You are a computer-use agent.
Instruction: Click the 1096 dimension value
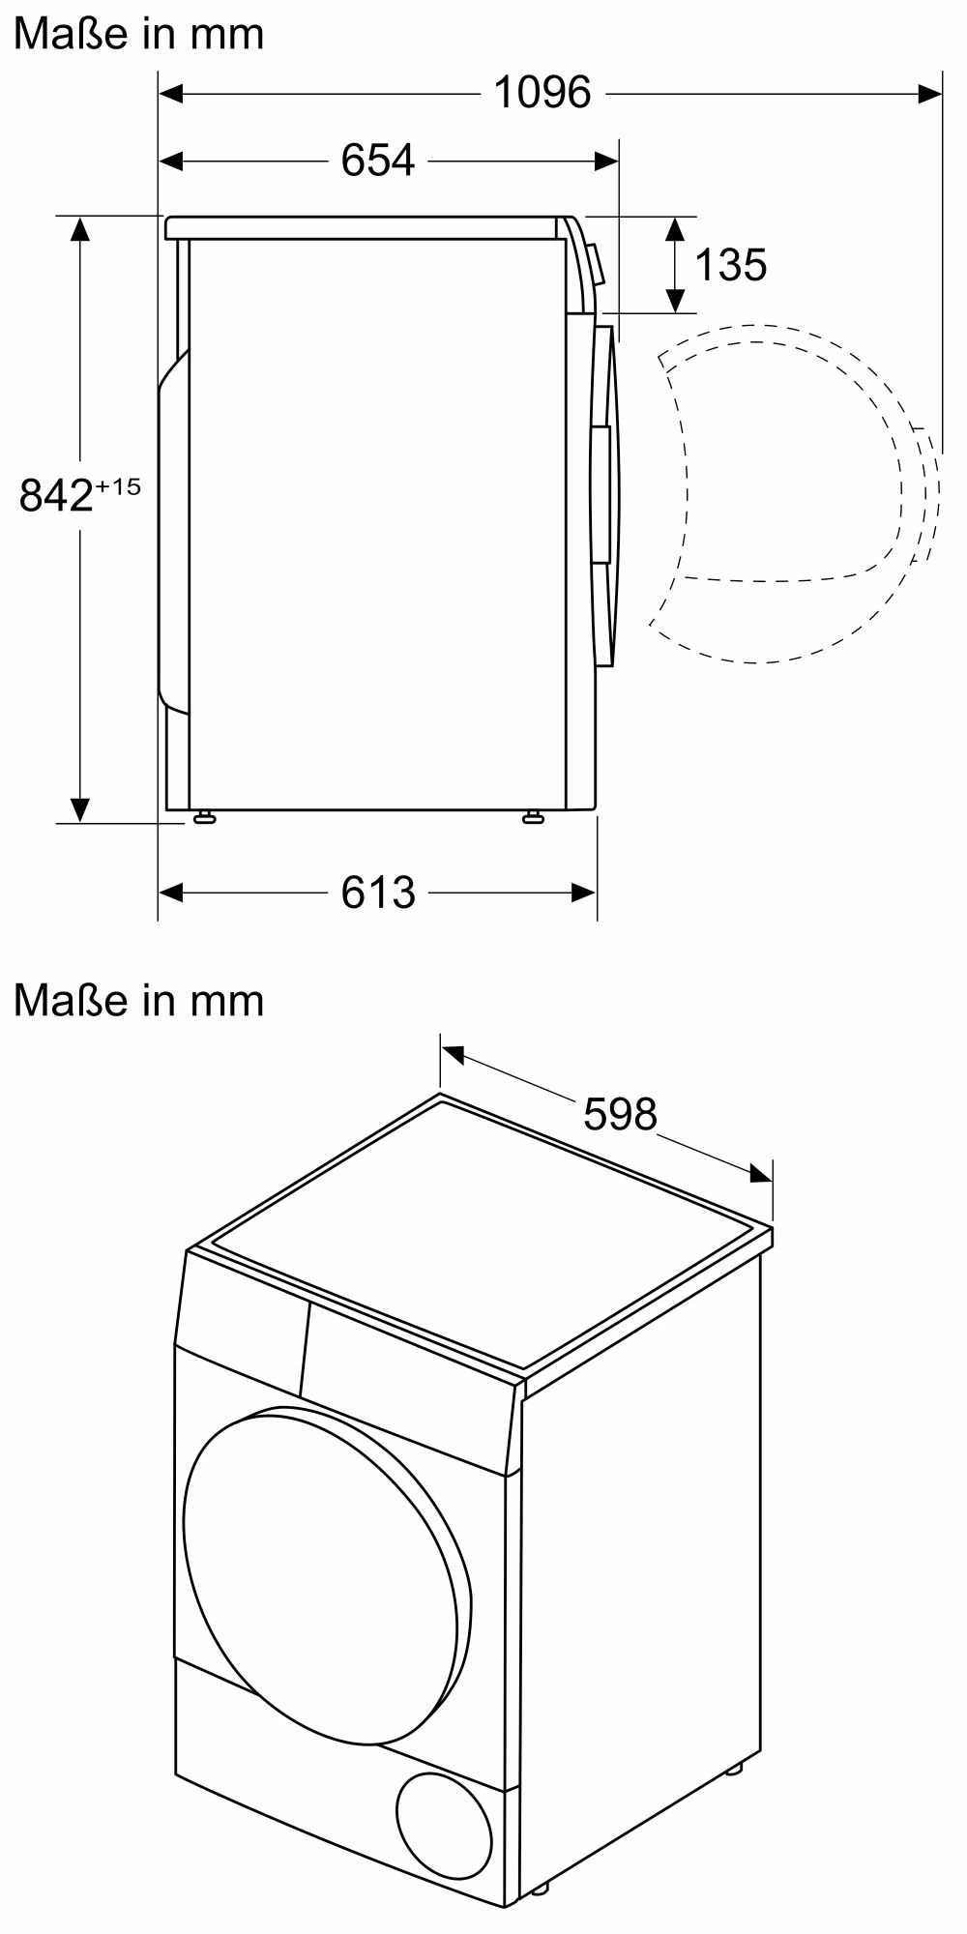click(542, 93)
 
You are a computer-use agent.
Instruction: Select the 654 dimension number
click(378, 160)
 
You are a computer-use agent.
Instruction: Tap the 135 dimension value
click(731, 264)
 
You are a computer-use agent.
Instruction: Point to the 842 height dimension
click(56, 496)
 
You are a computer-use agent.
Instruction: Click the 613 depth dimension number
click(378, 892)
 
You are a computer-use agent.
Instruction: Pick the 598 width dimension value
click(620, 1114)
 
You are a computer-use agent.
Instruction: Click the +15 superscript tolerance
click(118, 486)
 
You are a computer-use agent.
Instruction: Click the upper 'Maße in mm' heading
click(138, 34)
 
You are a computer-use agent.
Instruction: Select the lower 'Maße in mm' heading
click(138, 1000)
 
